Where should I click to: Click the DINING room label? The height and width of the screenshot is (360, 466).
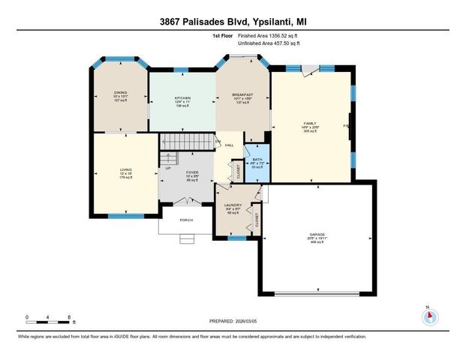[121, 93]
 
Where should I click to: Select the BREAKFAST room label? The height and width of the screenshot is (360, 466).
[242, 94]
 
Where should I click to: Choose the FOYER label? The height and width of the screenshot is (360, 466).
[192, 172]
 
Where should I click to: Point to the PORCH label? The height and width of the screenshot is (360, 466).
[185, 220]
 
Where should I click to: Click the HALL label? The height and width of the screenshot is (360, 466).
[230, 145]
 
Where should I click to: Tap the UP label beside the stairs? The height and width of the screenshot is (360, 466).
[167, 168]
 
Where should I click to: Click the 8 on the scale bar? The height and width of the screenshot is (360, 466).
[69, 318]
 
